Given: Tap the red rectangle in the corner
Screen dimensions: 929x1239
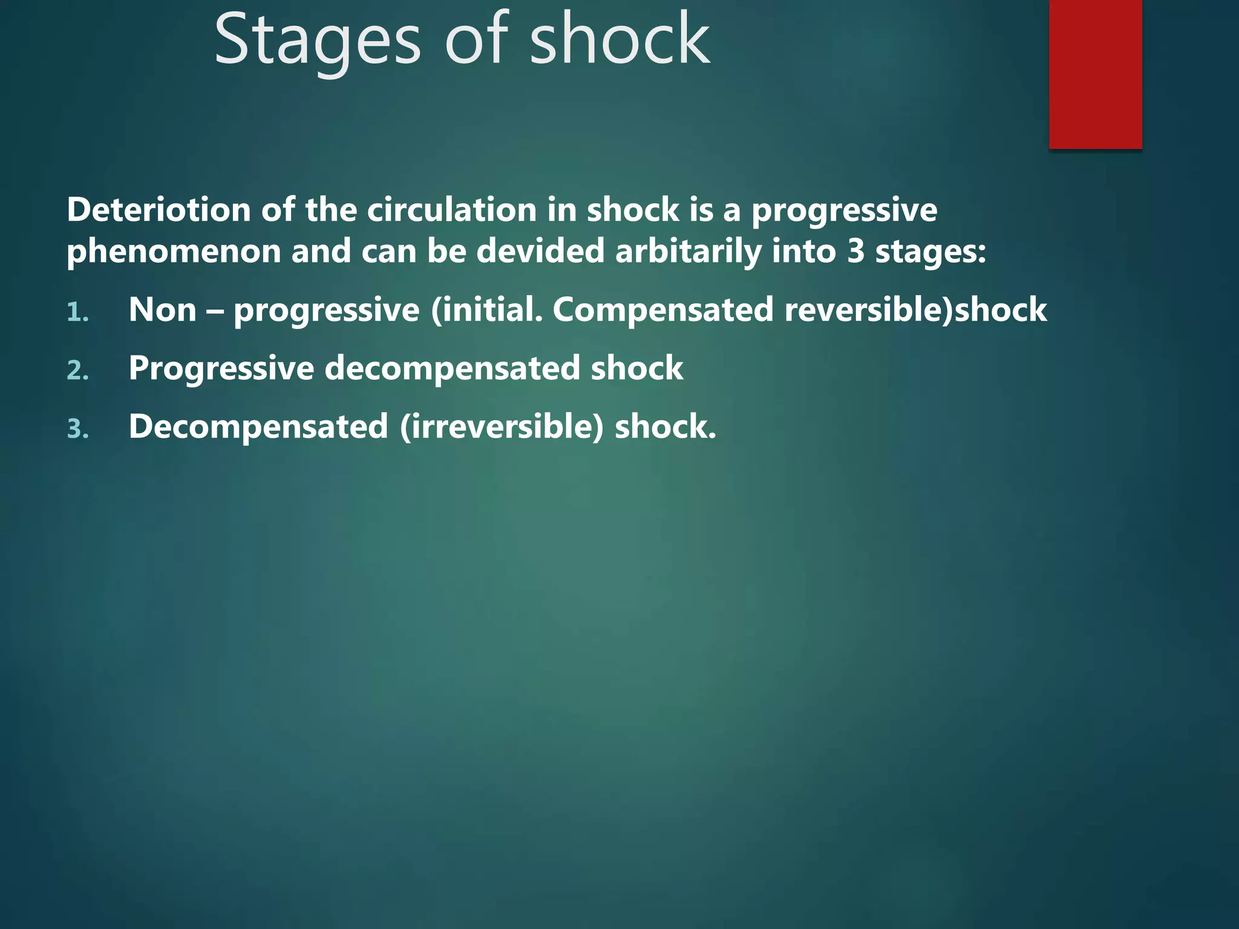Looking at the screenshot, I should [x=1095, y=74].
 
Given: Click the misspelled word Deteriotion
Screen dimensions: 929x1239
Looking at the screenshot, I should [x=159, y=210].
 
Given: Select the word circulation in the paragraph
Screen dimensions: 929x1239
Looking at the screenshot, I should [x=452, y=210].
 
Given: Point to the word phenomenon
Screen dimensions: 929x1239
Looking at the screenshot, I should [x=174, y=252].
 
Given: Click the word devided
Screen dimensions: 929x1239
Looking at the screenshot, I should [x=540, y=252].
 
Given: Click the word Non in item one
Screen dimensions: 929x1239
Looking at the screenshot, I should [x=162, y=310].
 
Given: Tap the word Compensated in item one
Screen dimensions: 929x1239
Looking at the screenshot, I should [x=663, y=310].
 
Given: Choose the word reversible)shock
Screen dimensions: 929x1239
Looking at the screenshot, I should [x=915, y=310].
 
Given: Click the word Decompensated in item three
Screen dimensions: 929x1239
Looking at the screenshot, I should [x=258, y=427].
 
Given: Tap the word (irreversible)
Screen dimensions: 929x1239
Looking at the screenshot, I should [x=502, y=427].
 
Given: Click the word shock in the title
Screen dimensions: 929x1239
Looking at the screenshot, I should [x=619, y=41].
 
